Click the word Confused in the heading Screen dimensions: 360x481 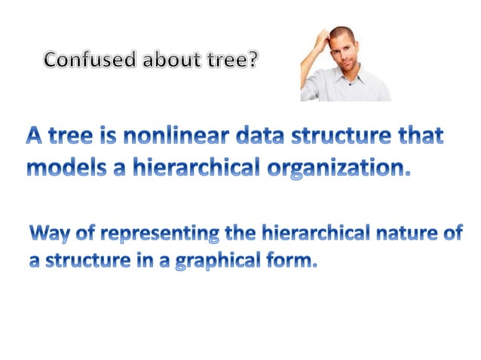click(83, 59)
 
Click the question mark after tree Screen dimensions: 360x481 click(251, 59)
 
